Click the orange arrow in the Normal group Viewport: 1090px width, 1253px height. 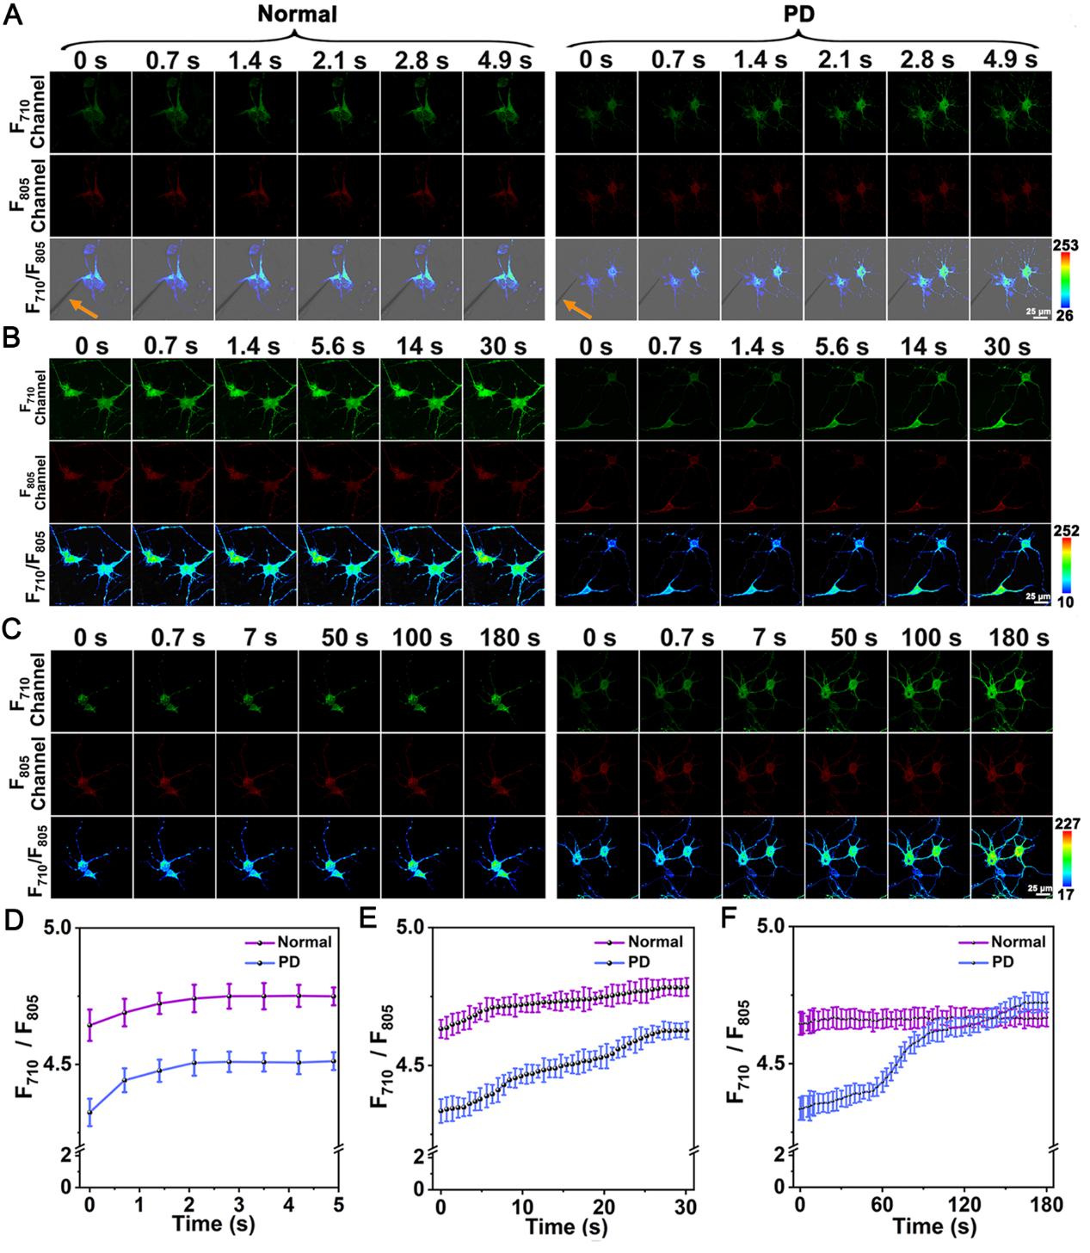tap(83, 308)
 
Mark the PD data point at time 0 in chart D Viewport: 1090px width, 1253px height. tap(89, 1113)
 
